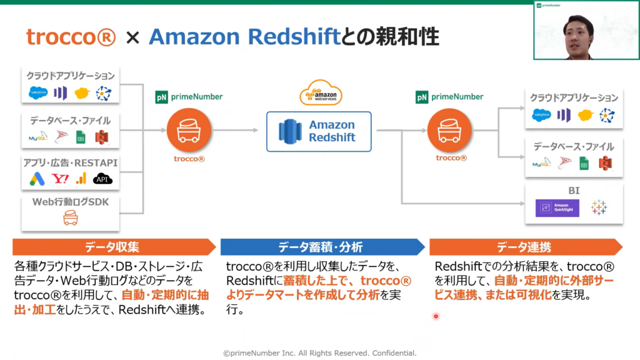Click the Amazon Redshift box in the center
coord(319,131)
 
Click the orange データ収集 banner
coord(112,247)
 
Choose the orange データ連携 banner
coord(524,247)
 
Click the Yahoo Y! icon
coord(60,179)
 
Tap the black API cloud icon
coord(102,179)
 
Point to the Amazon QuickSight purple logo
coord(557,207)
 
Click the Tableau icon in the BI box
coord(599,207)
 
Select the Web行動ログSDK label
coord(69,202)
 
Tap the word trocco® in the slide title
coord(71,37)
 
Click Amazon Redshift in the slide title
coord(244,37)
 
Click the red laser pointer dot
coord(436,316)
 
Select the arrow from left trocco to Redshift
coord(236,131)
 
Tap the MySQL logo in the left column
coord(38,137)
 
